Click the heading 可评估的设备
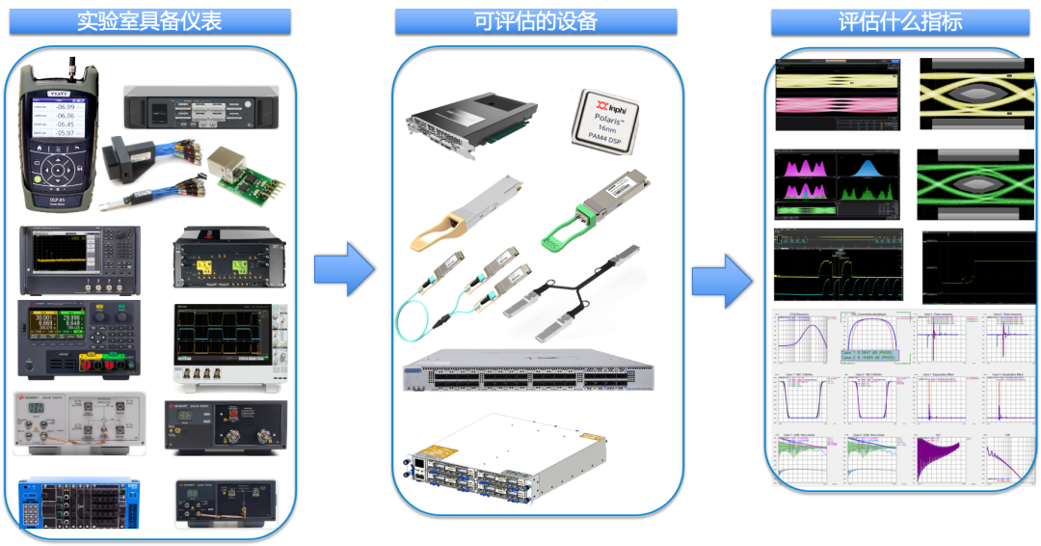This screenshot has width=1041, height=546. [535, 21]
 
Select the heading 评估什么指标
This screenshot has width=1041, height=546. [899, 21]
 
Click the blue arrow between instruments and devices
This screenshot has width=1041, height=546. [344, 269]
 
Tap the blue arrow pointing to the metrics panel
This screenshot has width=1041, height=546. [721, 281]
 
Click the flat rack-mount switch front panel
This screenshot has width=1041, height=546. [527, 369]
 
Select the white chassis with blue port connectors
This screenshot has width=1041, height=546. [506, 459]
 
